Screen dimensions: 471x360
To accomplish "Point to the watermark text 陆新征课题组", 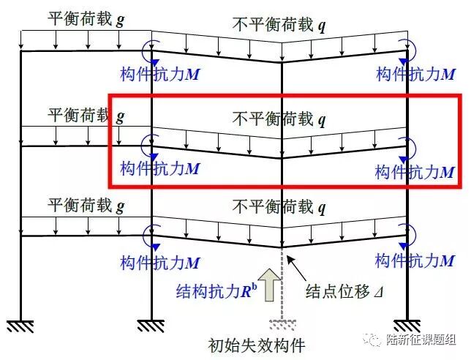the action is click(x=424, y=340).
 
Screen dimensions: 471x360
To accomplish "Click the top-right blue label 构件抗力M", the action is click(x=415, y=73).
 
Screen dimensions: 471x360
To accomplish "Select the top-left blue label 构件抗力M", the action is click(x=159, y=73).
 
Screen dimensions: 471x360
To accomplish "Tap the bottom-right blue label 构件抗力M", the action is click(x=415, y=260).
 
